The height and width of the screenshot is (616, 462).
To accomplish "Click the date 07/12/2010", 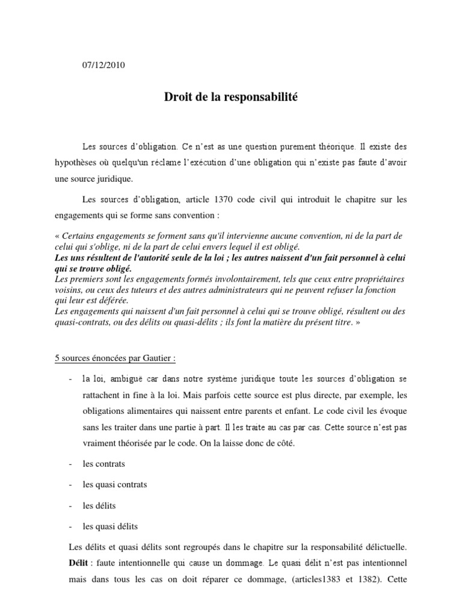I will (103, 66).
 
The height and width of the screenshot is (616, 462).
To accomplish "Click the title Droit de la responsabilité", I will (231, 96).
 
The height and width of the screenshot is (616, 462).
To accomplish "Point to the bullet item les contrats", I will (104, 464).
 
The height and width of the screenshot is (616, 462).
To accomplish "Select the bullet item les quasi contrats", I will (114, 484).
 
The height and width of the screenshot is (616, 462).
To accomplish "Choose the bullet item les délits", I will (99, 505).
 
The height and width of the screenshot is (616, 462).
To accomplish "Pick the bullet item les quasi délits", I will (110, 526).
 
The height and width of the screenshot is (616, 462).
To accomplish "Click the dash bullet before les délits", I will (71, 505).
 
